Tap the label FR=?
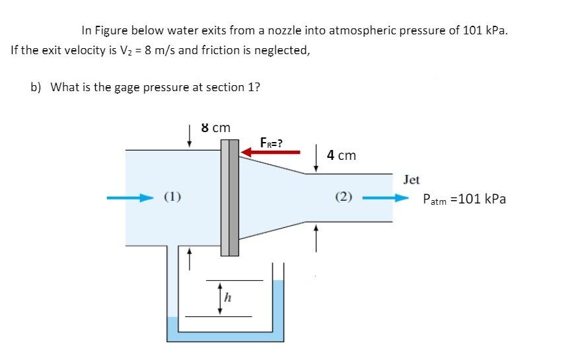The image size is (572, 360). pos(271,142)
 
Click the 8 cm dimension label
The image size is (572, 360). pos(215,127)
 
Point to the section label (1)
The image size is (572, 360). pos(173,196)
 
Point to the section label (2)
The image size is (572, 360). pos(344,196)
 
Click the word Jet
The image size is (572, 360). pos(411,180)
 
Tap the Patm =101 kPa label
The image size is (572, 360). pos(464,198)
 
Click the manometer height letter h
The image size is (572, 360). pos(227,299)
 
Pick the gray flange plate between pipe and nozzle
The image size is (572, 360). pos(229,198)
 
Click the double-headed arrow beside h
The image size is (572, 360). pos(219,298)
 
